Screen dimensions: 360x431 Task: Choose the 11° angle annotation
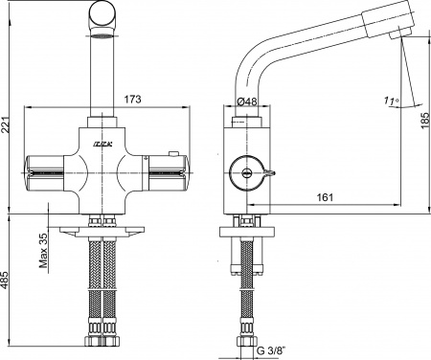387,100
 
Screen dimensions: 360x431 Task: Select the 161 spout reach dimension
327,196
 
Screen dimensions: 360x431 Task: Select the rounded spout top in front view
102,17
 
